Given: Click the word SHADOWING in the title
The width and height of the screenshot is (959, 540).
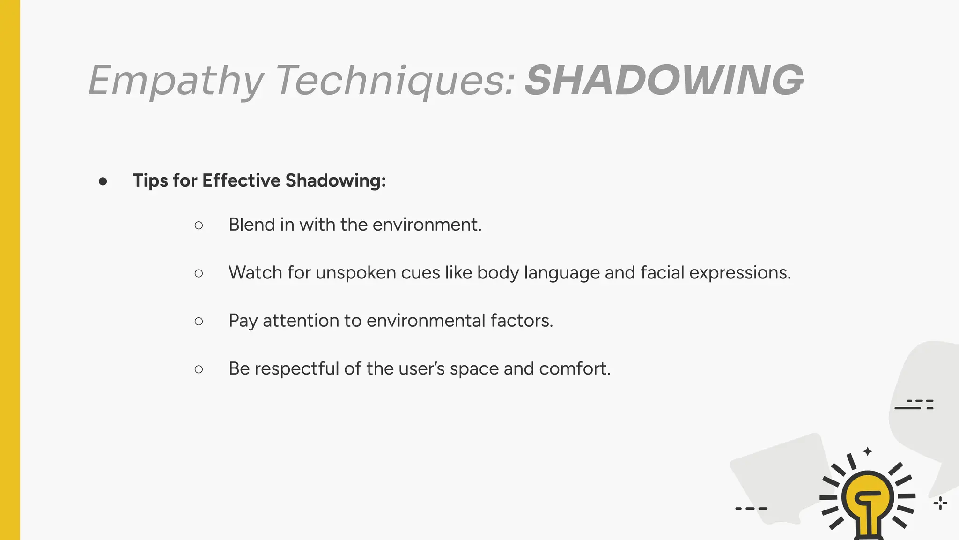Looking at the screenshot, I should [664, 80].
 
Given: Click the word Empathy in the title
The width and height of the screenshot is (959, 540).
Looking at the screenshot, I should [176, 81].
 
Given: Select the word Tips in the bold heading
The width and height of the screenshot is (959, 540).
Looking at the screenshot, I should [150, 181].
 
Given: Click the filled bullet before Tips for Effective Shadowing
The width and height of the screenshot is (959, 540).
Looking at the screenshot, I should [103, 181].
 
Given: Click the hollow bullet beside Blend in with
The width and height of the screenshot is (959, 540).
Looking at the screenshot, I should [199, 225].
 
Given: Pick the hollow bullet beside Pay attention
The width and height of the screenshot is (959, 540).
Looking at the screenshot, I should [199, 321].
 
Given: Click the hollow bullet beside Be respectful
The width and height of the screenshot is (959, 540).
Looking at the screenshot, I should [199, 369].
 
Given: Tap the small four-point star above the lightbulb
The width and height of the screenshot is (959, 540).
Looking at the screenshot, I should [868, 451].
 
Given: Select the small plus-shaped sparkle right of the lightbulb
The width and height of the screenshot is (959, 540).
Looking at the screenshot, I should [940, 503].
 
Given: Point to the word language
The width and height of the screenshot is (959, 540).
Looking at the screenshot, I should [561, 273].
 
